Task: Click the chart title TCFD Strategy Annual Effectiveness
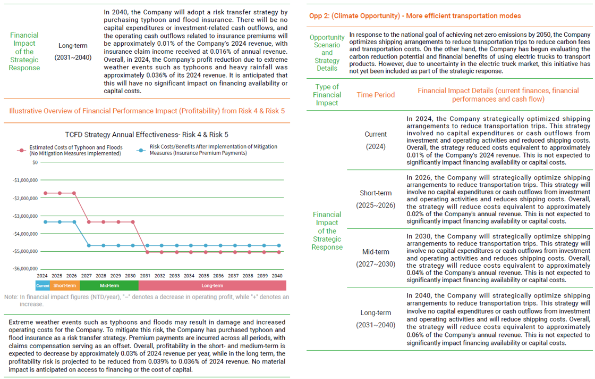146,135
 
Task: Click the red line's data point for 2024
45,193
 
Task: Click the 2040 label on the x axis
276,276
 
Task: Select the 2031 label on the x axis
145,276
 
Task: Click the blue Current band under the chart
42,286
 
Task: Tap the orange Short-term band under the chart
64,286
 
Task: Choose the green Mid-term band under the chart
109,286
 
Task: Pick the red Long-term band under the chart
212,286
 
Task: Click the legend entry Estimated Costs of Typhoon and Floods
75,150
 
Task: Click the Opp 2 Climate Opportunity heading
415,16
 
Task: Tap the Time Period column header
376,95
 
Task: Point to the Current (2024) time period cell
376,140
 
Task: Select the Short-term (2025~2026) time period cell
376,199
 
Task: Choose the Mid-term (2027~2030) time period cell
376,258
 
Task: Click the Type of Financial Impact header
327,95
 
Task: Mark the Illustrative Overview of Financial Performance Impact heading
147,111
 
